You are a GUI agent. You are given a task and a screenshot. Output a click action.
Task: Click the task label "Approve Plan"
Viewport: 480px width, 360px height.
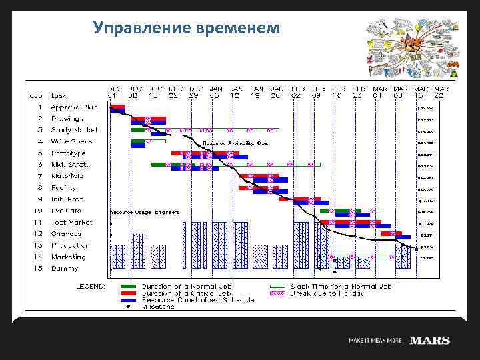(x=75, y=107)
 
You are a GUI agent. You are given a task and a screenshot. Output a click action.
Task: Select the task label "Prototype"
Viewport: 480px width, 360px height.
(x=69, y=153)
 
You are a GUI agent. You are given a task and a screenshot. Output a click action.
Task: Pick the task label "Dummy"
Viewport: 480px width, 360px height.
(x=65, y=269)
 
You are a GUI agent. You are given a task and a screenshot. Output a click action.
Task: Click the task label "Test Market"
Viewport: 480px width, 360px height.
(x=72, y=222)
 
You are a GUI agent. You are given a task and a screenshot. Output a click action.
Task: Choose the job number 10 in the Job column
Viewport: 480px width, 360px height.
(x=38, y=211)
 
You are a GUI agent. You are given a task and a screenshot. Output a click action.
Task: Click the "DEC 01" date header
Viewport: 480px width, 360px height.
(x=115, y=91)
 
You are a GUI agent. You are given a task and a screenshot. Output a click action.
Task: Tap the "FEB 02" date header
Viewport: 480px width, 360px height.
(x=298, y=91)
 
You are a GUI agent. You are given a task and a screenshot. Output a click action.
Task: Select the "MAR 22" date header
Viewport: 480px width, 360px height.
(x=441, y=91)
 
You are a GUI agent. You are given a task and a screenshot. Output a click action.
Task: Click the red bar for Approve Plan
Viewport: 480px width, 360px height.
(x=117, y=107)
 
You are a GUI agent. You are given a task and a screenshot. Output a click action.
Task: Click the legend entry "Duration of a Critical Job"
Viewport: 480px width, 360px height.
(x=187, y=293)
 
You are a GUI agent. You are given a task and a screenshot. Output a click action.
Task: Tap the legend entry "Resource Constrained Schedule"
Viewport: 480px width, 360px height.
(x=197, y=300)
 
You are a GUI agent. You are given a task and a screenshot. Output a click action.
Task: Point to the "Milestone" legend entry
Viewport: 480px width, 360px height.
(x=158, y=307)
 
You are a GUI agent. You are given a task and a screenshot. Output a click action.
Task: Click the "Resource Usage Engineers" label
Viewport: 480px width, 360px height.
(x=145, y=212)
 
